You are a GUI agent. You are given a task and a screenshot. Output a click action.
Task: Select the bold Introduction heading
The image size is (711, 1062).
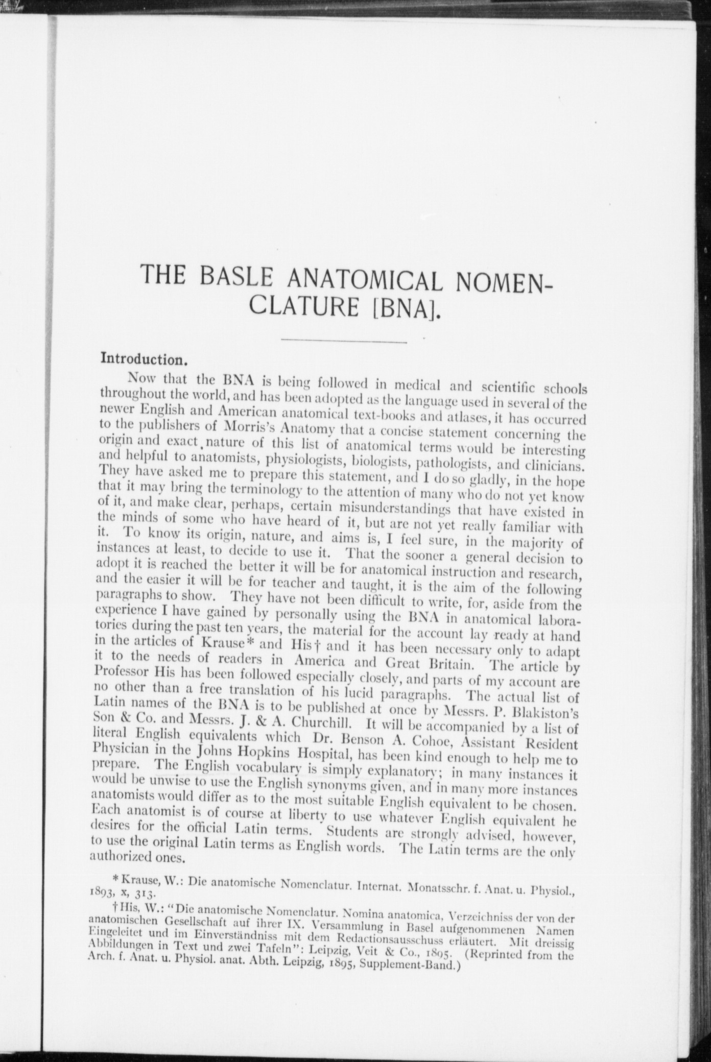(x=145, y=358)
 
